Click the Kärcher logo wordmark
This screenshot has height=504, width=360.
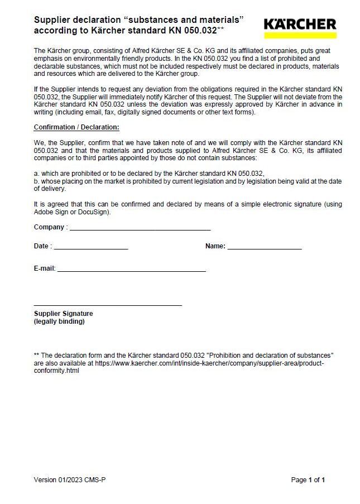point(300,24)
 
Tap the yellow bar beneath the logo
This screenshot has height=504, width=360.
point(300,35)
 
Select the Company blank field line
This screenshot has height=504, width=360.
point(140,229)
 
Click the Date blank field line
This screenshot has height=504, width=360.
point(91,248)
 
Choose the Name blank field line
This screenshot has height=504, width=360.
point(265,248)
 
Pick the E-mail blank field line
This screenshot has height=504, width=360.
point(131,270)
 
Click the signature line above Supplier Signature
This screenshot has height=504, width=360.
point(108,305)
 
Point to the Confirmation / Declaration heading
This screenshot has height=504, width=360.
point(76,127)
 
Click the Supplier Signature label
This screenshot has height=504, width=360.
point(64,314)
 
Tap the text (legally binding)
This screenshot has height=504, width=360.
point(59,321)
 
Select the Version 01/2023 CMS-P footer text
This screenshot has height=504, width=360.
point(70,479)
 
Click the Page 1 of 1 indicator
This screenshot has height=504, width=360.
point(308,479)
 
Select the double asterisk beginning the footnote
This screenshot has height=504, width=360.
point(37,355)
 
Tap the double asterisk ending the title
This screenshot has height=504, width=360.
point(220,29)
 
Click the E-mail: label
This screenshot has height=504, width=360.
point(45,268)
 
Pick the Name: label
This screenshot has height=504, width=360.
point(215,246)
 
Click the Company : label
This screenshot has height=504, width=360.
point(51,227)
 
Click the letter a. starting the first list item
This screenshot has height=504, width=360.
point(36,174)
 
